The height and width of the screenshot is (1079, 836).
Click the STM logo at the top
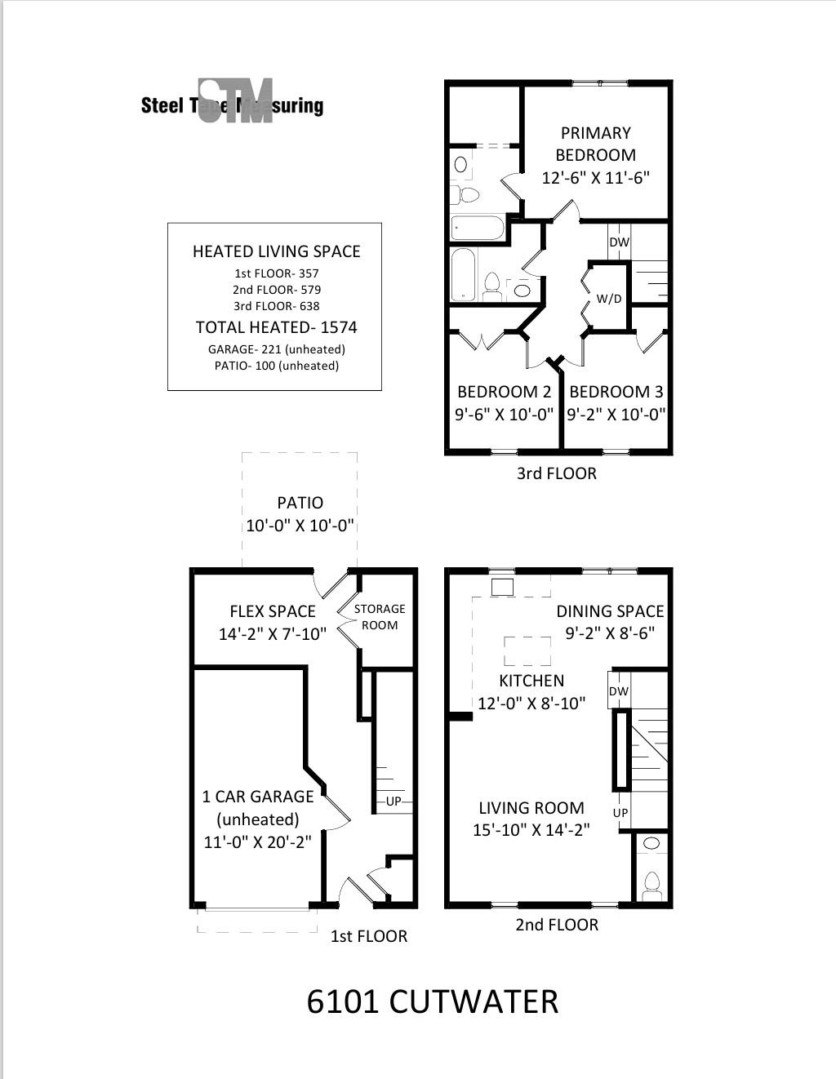[x=235, y=102]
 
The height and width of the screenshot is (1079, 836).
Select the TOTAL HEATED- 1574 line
[x=276, y=327]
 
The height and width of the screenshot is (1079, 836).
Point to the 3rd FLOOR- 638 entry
[x=276, y=306]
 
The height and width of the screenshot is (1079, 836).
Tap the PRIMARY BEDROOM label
[x=595, y=144]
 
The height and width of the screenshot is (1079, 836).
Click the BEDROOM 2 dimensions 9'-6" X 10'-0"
[x=504, y=414]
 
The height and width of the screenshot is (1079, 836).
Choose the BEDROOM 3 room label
[x=616, y=392]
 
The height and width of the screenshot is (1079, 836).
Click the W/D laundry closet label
[x=608, y=299]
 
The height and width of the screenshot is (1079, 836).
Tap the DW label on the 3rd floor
[x=619, y=242]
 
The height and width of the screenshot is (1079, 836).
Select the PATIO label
[x=300, y=503]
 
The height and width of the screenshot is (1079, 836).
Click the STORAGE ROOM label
[x=380, y=617]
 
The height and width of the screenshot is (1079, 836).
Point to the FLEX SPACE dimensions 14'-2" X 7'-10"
[x=272, y=633]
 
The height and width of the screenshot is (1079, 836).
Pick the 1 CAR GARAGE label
[x=258, y=797]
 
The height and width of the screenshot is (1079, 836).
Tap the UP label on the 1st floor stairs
[x=394, y=801]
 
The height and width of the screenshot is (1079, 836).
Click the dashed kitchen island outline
[x=528, y=651]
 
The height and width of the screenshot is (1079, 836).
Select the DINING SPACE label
[x=610, y=611]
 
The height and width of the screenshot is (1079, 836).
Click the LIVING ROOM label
[x=531, y=808]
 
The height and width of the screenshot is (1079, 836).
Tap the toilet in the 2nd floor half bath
[x=651, y=884]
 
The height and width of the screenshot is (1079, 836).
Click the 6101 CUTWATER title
[x=432, y=1001]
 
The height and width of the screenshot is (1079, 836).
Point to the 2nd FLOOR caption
[x=557, y=925]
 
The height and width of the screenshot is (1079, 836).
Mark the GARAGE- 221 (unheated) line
[x=276, y=349]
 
